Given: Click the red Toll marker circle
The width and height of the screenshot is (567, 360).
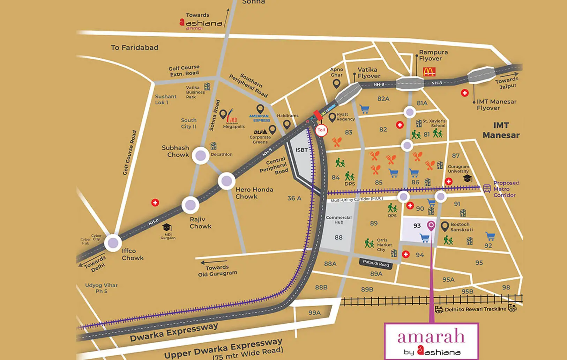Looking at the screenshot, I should click(321, 130).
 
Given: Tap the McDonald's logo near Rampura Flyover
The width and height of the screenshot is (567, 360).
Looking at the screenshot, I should click(429, 72).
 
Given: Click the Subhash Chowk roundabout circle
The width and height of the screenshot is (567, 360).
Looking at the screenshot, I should click(201, 155).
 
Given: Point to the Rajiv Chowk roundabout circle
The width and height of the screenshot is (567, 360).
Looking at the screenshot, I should click(191, 205).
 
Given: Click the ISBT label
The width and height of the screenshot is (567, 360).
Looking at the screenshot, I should click(301, 150).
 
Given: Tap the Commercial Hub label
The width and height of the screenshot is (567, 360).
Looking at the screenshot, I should click(338, 220).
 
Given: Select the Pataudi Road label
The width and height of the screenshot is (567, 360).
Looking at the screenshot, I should click(376, 263).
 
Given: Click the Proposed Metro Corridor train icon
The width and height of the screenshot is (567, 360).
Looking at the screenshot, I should click(487, 189).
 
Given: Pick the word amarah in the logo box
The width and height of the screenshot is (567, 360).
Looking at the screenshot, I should click(431, 337).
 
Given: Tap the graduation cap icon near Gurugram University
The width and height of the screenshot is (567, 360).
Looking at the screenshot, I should click(468, 178).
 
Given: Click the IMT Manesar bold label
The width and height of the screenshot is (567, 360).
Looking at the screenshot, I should click(501, 130).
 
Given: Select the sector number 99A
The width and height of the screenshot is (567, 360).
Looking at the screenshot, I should click(314, 313).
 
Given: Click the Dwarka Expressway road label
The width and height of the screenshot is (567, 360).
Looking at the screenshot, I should click(174, 332).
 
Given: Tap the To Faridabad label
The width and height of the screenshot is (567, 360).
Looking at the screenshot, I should click(134, 47).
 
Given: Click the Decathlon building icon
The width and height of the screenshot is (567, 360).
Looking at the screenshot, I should click(213, 146).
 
